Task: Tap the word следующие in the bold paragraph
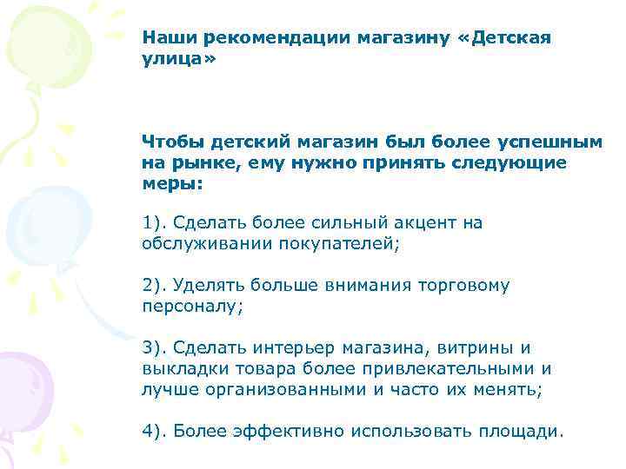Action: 523,162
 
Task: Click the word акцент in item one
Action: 419,223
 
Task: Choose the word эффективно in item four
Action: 278,430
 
